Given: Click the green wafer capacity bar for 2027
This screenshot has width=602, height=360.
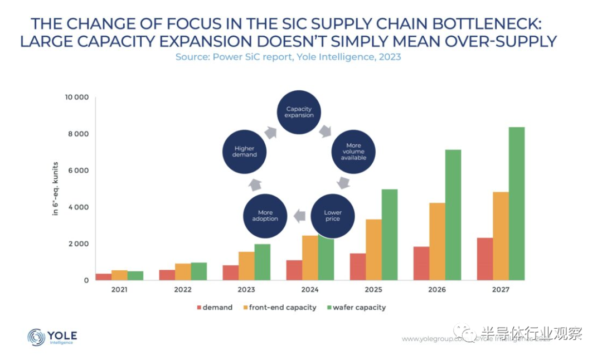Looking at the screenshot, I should [516, 203].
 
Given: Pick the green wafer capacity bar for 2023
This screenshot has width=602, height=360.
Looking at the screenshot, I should [263, 262].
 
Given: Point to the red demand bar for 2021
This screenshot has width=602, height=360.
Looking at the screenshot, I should [104, 277].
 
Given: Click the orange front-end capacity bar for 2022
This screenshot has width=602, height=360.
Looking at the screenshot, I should [183, 272].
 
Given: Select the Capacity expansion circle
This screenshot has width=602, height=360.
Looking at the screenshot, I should [299, 111].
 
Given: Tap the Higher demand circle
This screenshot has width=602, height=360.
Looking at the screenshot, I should [244, 152].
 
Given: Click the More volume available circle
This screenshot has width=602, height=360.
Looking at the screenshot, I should [353, 152].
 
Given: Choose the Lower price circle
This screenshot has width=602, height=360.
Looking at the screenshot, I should [333, 215].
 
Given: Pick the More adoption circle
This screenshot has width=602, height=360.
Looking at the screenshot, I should [265, 215].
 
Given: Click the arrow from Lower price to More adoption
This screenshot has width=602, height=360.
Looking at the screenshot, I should [299, 215].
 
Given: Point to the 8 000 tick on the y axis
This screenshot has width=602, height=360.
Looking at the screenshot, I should [78, 134].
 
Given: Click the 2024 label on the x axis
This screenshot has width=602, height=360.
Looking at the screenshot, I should [310, 290].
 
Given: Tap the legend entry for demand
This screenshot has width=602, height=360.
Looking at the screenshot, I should [214, 308].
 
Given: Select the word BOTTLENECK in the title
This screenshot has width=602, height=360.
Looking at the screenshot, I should [484, 24].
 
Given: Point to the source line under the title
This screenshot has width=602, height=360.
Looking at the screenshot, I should [288, 57].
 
